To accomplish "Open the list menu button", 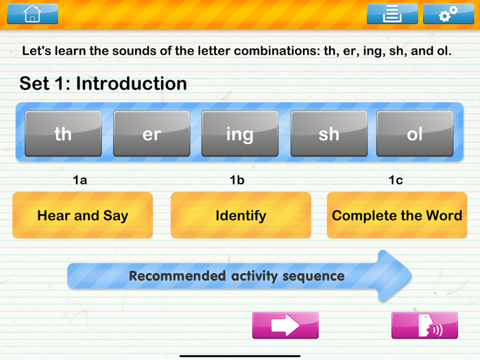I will coord(392,14).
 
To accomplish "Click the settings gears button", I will coord(448,14).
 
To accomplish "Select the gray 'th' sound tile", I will coord(63,134).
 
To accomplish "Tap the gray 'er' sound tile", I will coord(152,134).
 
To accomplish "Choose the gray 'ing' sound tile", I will coord(239,134).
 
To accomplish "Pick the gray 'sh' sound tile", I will coord(328,134).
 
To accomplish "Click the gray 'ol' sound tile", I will coord(415,134).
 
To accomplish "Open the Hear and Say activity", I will coord(82,215).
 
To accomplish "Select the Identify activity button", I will coord(240,215).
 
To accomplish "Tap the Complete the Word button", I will coord(396,215).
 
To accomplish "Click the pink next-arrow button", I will coord(285,325).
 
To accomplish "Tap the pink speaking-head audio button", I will coord(424,325).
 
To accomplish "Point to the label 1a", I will coord(80,180).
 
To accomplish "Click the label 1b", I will coord(237,180).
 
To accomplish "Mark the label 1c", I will coord(396,180).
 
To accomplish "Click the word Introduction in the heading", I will coord(131,84).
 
